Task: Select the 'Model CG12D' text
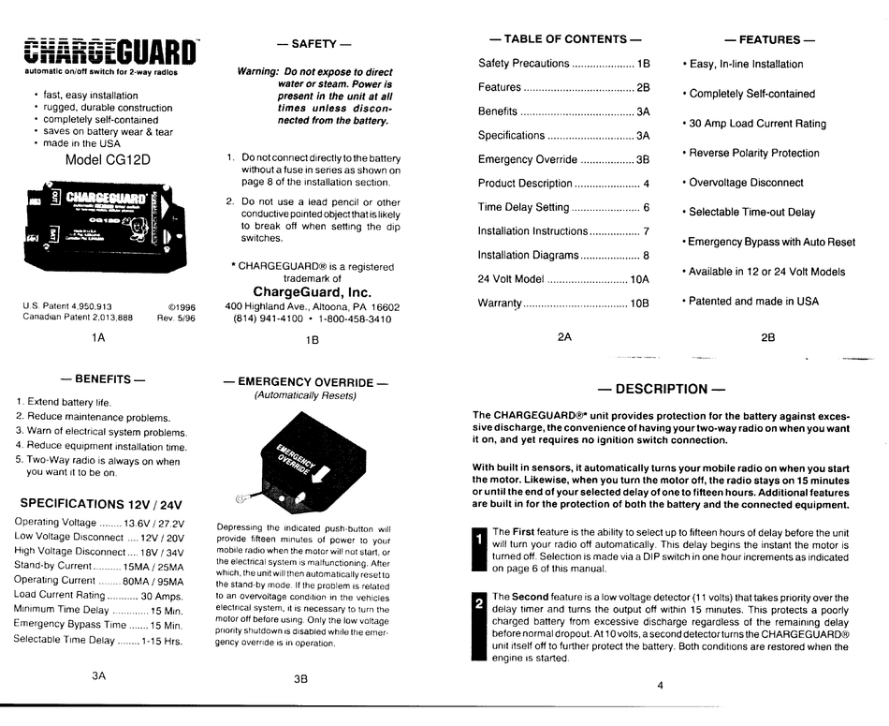[108, 160]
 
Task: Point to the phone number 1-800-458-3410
[352, 319]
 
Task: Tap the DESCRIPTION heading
[662, 389]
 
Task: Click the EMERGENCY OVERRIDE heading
[305, 382]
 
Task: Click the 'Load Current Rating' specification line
[98, 595]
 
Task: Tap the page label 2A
[564, 336]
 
